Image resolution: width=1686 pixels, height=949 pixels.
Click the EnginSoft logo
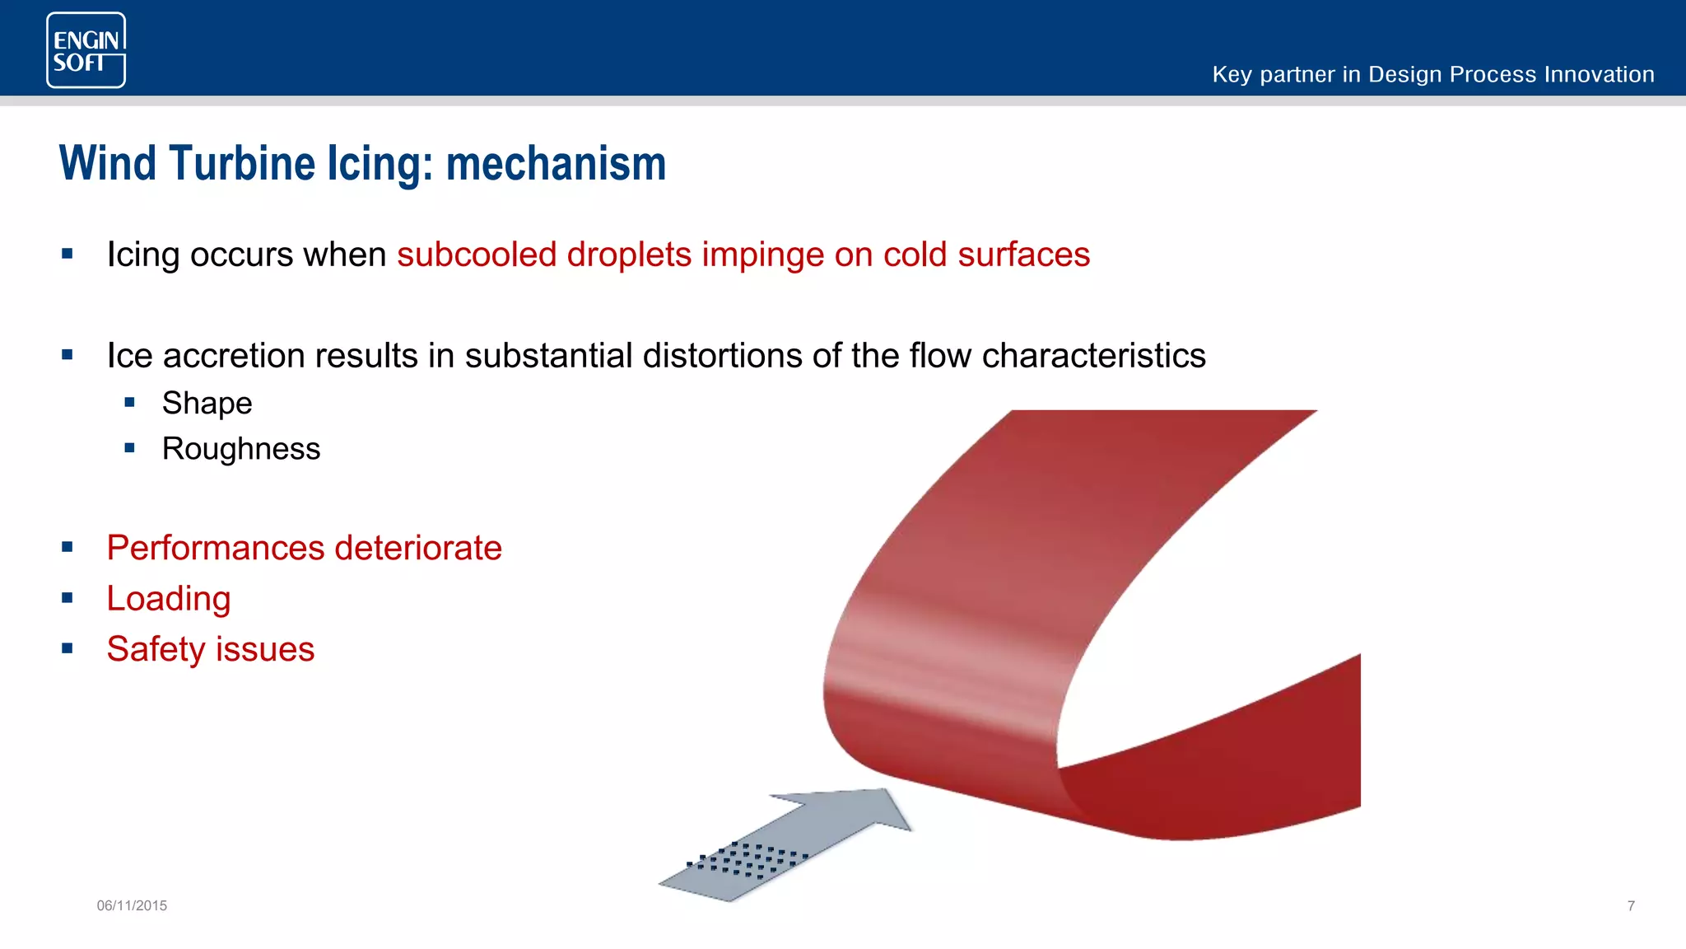tap(86, 50)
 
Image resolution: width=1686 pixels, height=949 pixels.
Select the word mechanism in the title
tap(556, 163)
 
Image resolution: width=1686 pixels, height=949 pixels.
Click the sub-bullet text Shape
tap(207, 404)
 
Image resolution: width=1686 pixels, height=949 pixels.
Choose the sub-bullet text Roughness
tap(240, 449)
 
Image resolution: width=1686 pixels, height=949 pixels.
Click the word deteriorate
tap(418, 548)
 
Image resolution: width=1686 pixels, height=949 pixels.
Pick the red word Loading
tap(169, 599)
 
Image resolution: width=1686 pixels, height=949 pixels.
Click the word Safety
tap(156, 649)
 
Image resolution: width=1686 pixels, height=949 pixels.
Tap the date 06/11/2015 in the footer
tap(132, 905)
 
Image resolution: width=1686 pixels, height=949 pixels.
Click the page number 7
tap(1631, 905)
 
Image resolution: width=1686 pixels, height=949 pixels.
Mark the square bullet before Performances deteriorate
tap(68, 547)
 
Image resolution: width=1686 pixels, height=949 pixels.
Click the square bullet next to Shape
tap(129, 403)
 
